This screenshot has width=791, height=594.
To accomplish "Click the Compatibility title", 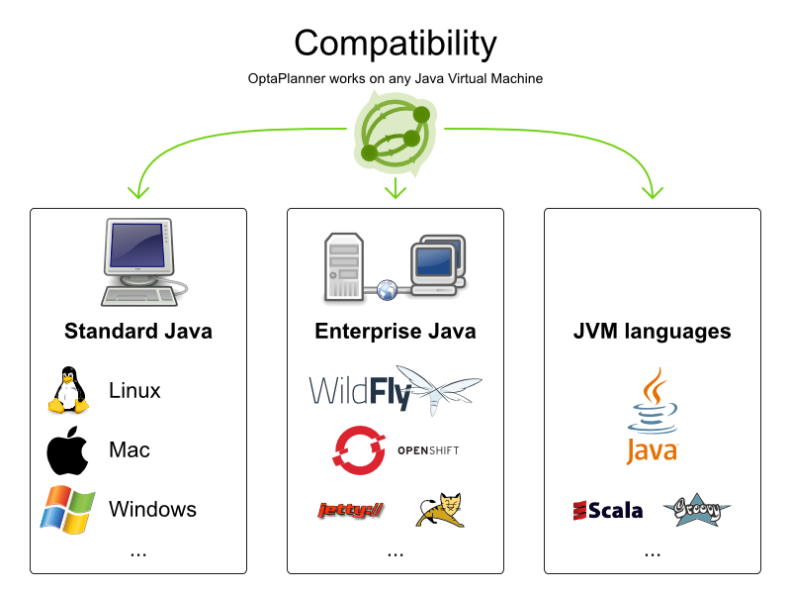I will click(395, 44).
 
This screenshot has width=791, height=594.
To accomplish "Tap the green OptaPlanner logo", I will click(395, 131).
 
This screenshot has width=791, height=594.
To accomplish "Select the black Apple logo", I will click(67, 449).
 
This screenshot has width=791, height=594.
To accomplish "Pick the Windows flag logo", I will click(67, 509).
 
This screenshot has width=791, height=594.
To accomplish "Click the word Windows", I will click(152, 509).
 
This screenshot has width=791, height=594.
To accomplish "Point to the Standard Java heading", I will click(138, 331).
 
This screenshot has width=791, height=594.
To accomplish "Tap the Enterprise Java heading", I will click(395, 331).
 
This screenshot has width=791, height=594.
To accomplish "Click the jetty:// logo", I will click(350, 510).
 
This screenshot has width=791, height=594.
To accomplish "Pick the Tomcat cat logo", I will click(439, 509).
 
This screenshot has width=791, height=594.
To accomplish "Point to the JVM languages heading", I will click(653, 331).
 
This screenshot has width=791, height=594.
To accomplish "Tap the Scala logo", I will click(607, 510).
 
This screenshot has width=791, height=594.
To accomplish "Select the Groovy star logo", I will click(696, 509).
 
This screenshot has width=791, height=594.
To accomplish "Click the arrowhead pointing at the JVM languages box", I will click(653, 189).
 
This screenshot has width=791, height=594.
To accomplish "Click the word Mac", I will click(130, 449).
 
